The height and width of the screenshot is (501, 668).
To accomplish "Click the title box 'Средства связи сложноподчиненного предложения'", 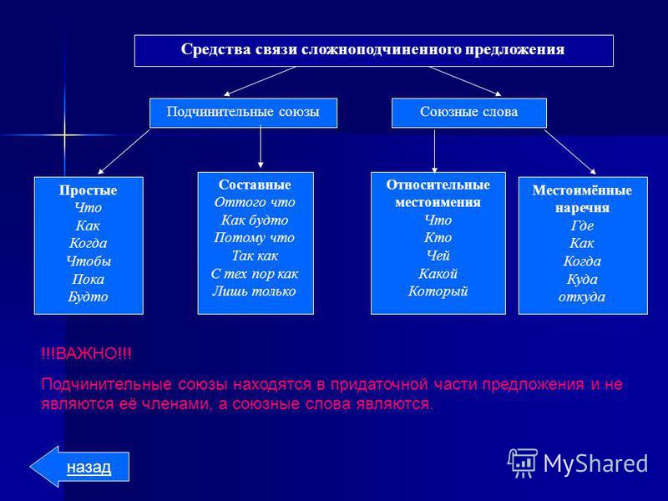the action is pyautogui.click(x=373, y=51).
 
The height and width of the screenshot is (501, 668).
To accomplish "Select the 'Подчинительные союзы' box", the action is pyautogui.click(x=243, y=113).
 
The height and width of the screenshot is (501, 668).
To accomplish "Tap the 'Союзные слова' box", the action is pyautogui.click(x=469, y=113).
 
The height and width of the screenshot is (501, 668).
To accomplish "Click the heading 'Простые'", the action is pyautogui.click(x=89, y=190).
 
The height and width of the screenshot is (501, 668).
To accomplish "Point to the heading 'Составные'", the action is pyautogui.click(x=255, y=185).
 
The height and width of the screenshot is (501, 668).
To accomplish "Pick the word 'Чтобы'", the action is pyautogui.click(x=89, y=261).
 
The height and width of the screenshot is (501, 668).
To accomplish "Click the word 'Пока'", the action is pyautogui.click(x=89, y=279).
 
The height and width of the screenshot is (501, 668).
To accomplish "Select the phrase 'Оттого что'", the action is pyautogui.click(x=255, y=202).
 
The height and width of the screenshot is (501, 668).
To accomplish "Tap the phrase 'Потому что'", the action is pyautogui.click(x=255, y=238).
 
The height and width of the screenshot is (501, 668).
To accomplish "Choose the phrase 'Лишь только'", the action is pyautogui.click(x=255, y=291).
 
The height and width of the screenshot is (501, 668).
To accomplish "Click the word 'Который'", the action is pyautogui.click(x=438, y=291).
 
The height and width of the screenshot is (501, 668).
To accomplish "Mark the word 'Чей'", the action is pyautogui.click(x=438, y=256).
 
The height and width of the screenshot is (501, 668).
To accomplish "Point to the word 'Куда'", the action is pyautogui.click(x=582, y=279).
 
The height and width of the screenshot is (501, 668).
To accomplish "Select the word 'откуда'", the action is pyautogui.click(x=582, y=297).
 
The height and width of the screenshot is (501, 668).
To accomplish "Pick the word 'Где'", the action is pyautogui.click(x=582, y=225).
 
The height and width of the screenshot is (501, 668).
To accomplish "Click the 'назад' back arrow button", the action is pyautogui.click(x=79, y=467).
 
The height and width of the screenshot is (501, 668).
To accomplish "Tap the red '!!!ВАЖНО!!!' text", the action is pyautogui.click(x=87, y=353).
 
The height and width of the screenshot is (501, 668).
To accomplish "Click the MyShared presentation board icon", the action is pyautogui.click(x=523, y=463).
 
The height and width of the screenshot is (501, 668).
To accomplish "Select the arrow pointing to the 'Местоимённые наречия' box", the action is pyautogui.click(x=570, y=152).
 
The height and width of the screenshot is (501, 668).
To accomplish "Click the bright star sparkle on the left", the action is pyautogui.click(x=65, y=135).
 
